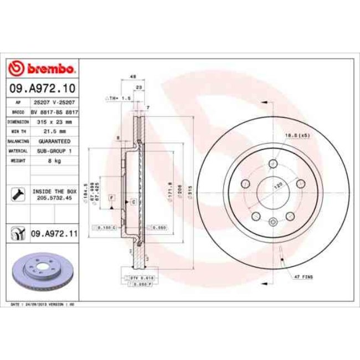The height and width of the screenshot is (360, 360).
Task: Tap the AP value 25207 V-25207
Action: tap(54, 103)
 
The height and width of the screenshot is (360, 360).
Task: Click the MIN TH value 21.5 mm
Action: tap(54, 131)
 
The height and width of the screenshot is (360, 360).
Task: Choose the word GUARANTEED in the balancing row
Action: tap(54, 141)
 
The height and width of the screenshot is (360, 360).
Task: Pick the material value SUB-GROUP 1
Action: tap(54, 150)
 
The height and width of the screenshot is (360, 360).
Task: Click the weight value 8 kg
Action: tap(54, 160)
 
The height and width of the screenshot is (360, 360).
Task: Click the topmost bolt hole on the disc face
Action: tap(272, 164)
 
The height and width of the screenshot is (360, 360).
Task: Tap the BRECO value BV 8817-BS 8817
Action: tap(54, 112)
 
